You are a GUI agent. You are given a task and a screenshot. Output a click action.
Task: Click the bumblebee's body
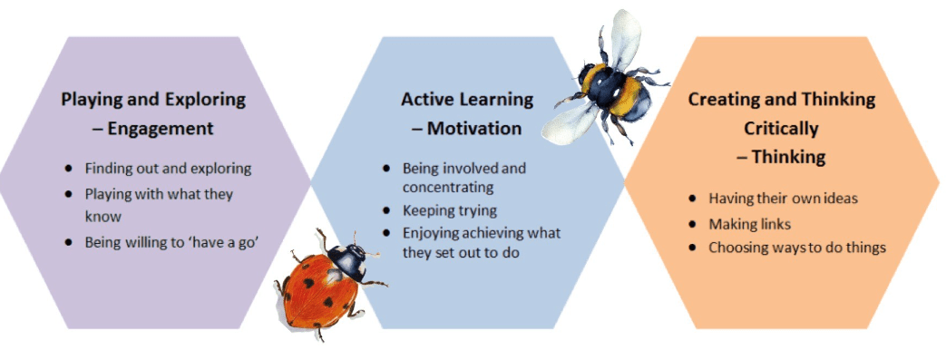614,91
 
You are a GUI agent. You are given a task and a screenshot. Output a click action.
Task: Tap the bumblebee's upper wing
626,38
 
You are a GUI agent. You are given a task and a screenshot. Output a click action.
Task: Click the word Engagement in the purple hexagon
161,129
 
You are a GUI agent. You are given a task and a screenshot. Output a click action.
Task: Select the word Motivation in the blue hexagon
474,129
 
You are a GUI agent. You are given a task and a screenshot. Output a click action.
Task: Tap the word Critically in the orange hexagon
781,129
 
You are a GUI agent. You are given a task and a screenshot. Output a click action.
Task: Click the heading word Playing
92,100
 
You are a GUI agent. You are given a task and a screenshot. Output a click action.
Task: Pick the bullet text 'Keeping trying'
450,211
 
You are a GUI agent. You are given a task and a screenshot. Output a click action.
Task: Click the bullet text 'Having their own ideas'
783,198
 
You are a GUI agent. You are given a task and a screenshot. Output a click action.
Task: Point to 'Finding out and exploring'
169,169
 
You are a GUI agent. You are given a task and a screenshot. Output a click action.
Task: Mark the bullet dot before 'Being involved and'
386,168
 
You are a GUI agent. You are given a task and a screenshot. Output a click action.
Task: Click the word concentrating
448,188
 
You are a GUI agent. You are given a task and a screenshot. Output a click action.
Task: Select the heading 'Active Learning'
468,100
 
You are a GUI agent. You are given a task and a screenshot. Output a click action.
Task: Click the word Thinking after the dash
788,158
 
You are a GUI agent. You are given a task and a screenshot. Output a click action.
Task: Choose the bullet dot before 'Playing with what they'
69,194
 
